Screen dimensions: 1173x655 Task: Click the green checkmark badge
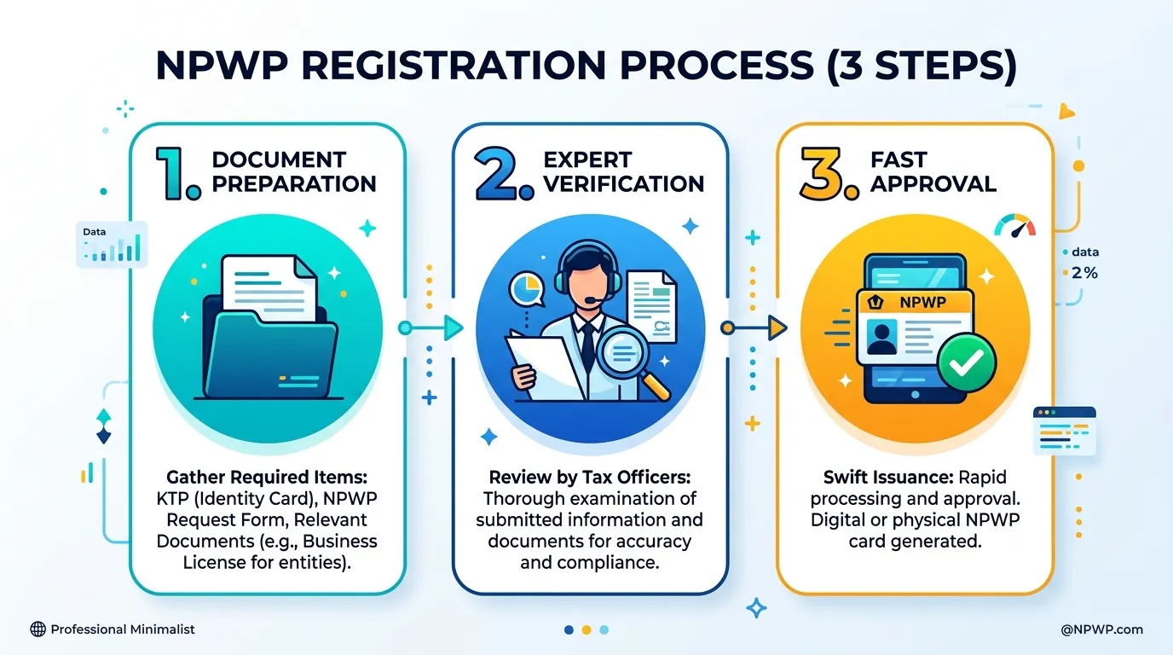[x=967, y=362]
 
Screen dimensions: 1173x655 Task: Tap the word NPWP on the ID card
[x=923, y=303]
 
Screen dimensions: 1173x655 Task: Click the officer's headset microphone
[x=590, y=300]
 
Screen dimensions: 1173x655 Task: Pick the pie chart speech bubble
[x=527, y=289]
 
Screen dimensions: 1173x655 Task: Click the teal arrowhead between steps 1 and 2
[x=454, y=328]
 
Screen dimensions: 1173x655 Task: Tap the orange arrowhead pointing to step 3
[x=777, y=328]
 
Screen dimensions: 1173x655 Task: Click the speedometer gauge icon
[x=1014, y=226]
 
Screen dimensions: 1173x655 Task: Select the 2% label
[x=1084, y=272]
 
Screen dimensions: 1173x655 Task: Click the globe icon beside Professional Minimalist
[x=38, y=629]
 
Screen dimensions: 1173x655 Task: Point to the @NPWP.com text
[x=1101, y=629]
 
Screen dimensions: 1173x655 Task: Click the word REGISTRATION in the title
[x=454, y=66]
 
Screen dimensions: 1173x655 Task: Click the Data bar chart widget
[x=112, y=245]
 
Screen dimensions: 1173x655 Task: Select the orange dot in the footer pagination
[x=586, y=630]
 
